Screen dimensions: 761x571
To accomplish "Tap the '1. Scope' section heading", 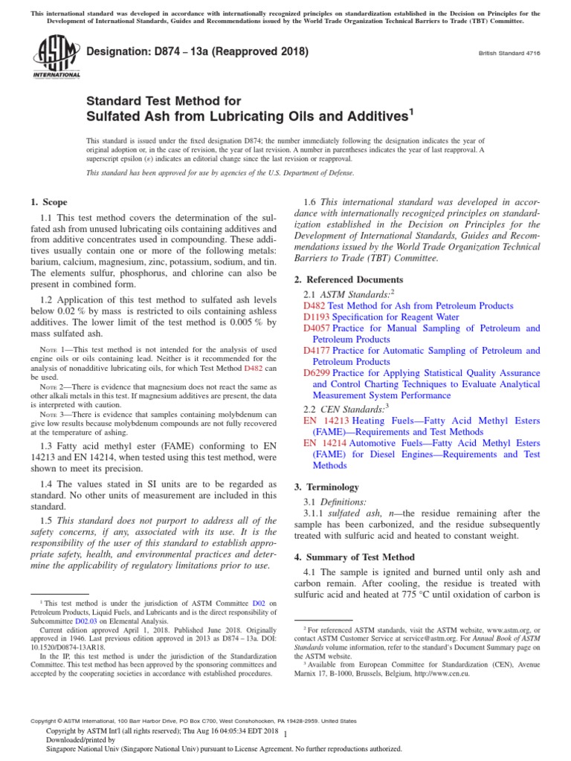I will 48,202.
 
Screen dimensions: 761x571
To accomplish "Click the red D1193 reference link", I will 314,317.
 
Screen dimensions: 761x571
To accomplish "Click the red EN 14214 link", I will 320,442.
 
